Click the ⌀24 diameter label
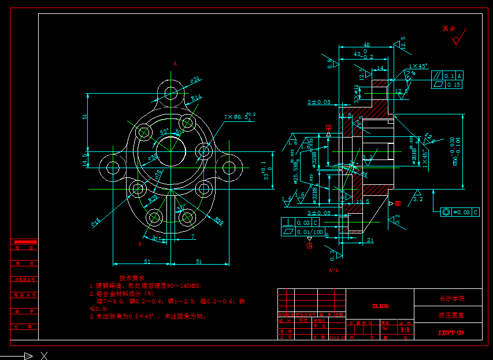coord(195,79)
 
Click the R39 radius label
coord(219,220)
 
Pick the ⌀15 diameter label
coord(95,220)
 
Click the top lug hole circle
coord(170,92)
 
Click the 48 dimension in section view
coord(366,44)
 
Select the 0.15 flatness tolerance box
coord(453,85)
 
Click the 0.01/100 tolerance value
coord(310,232)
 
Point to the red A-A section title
coord(333,270)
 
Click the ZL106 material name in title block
coord(380,306)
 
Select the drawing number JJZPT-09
coord(451,332)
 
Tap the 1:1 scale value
coord(405,329)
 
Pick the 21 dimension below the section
coord(370,240)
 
